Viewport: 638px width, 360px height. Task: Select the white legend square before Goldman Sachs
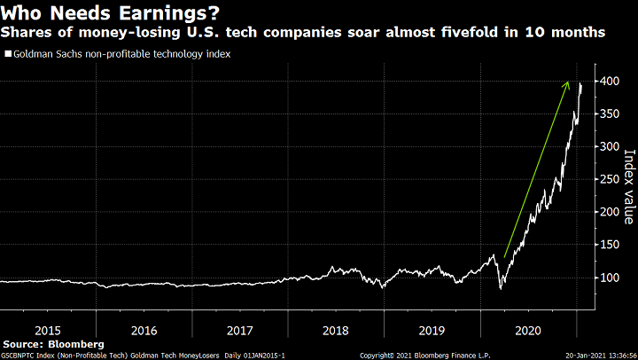click(7, 54)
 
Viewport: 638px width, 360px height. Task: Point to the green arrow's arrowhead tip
click(569, 82)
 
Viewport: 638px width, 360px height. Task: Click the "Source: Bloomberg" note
click(53, 343)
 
